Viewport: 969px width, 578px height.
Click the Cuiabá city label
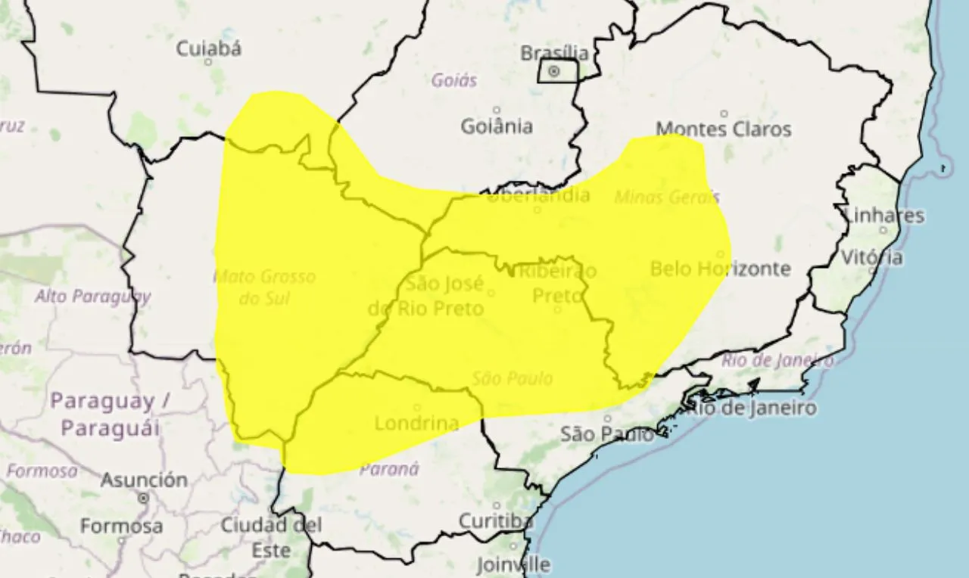209,49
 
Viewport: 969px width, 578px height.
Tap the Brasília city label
555,53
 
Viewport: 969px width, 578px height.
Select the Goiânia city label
497,126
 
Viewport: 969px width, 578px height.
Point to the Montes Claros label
723,129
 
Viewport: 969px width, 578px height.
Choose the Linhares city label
883,216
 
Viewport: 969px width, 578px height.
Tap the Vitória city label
871,257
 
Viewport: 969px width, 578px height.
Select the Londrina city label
417,423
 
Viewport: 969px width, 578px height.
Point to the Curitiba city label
496,521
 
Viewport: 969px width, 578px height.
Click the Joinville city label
513,564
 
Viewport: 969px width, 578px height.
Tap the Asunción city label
144,480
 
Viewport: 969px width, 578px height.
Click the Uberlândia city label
537,196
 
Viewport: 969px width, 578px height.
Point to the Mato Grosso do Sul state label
264,287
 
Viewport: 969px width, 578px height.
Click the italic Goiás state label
454,79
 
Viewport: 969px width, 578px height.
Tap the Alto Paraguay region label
92,296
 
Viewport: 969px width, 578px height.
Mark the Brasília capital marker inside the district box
554,71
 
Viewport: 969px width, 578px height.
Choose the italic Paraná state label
389,469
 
